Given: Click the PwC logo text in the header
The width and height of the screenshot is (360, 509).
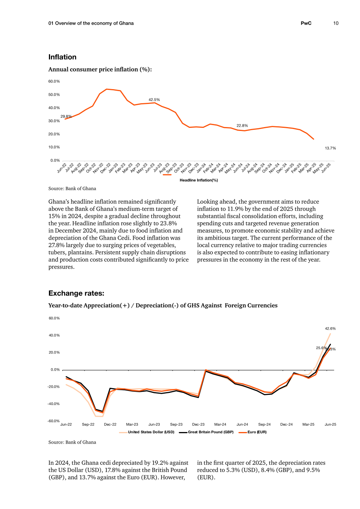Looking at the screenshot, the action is pos(306,23).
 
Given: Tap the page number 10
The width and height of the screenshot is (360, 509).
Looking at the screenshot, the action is pos(336,23).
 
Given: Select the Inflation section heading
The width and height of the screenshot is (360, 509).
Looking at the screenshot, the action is pos(62,57).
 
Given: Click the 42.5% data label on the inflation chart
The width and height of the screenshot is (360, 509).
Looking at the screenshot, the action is pos(154,100).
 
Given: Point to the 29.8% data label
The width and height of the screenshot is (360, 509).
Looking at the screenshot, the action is pos(66,116).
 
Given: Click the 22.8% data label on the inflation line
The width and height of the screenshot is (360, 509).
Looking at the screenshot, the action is pos(242,125).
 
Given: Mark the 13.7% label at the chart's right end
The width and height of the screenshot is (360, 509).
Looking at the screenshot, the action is pos(330,148).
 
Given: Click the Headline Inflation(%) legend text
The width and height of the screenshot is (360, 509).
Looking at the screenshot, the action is pos(199,180).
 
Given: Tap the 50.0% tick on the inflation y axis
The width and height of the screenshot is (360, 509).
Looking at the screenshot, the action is pos(54,95).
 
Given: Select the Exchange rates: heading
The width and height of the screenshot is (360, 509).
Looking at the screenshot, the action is pos(76,293).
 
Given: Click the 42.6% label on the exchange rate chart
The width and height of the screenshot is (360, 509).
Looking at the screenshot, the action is pos(330,328).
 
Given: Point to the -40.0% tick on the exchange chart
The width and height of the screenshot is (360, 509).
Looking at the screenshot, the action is pos(54,404).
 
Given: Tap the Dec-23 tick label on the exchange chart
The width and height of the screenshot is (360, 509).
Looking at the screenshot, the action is pos(198,424).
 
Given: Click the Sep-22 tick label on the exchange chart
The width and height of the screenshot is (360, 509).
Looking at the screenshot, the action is pos(88,424).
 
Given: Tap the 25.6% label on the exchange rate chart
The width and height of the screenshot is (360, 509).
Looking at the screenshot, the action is pos(321,348).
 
